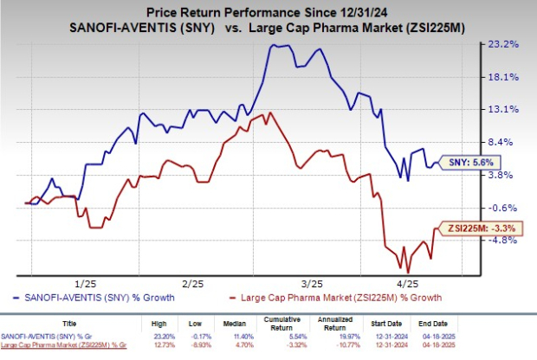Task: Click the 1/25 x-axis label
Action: [85, 283]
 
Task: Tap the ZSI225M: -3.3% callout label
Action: [475, 227]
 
